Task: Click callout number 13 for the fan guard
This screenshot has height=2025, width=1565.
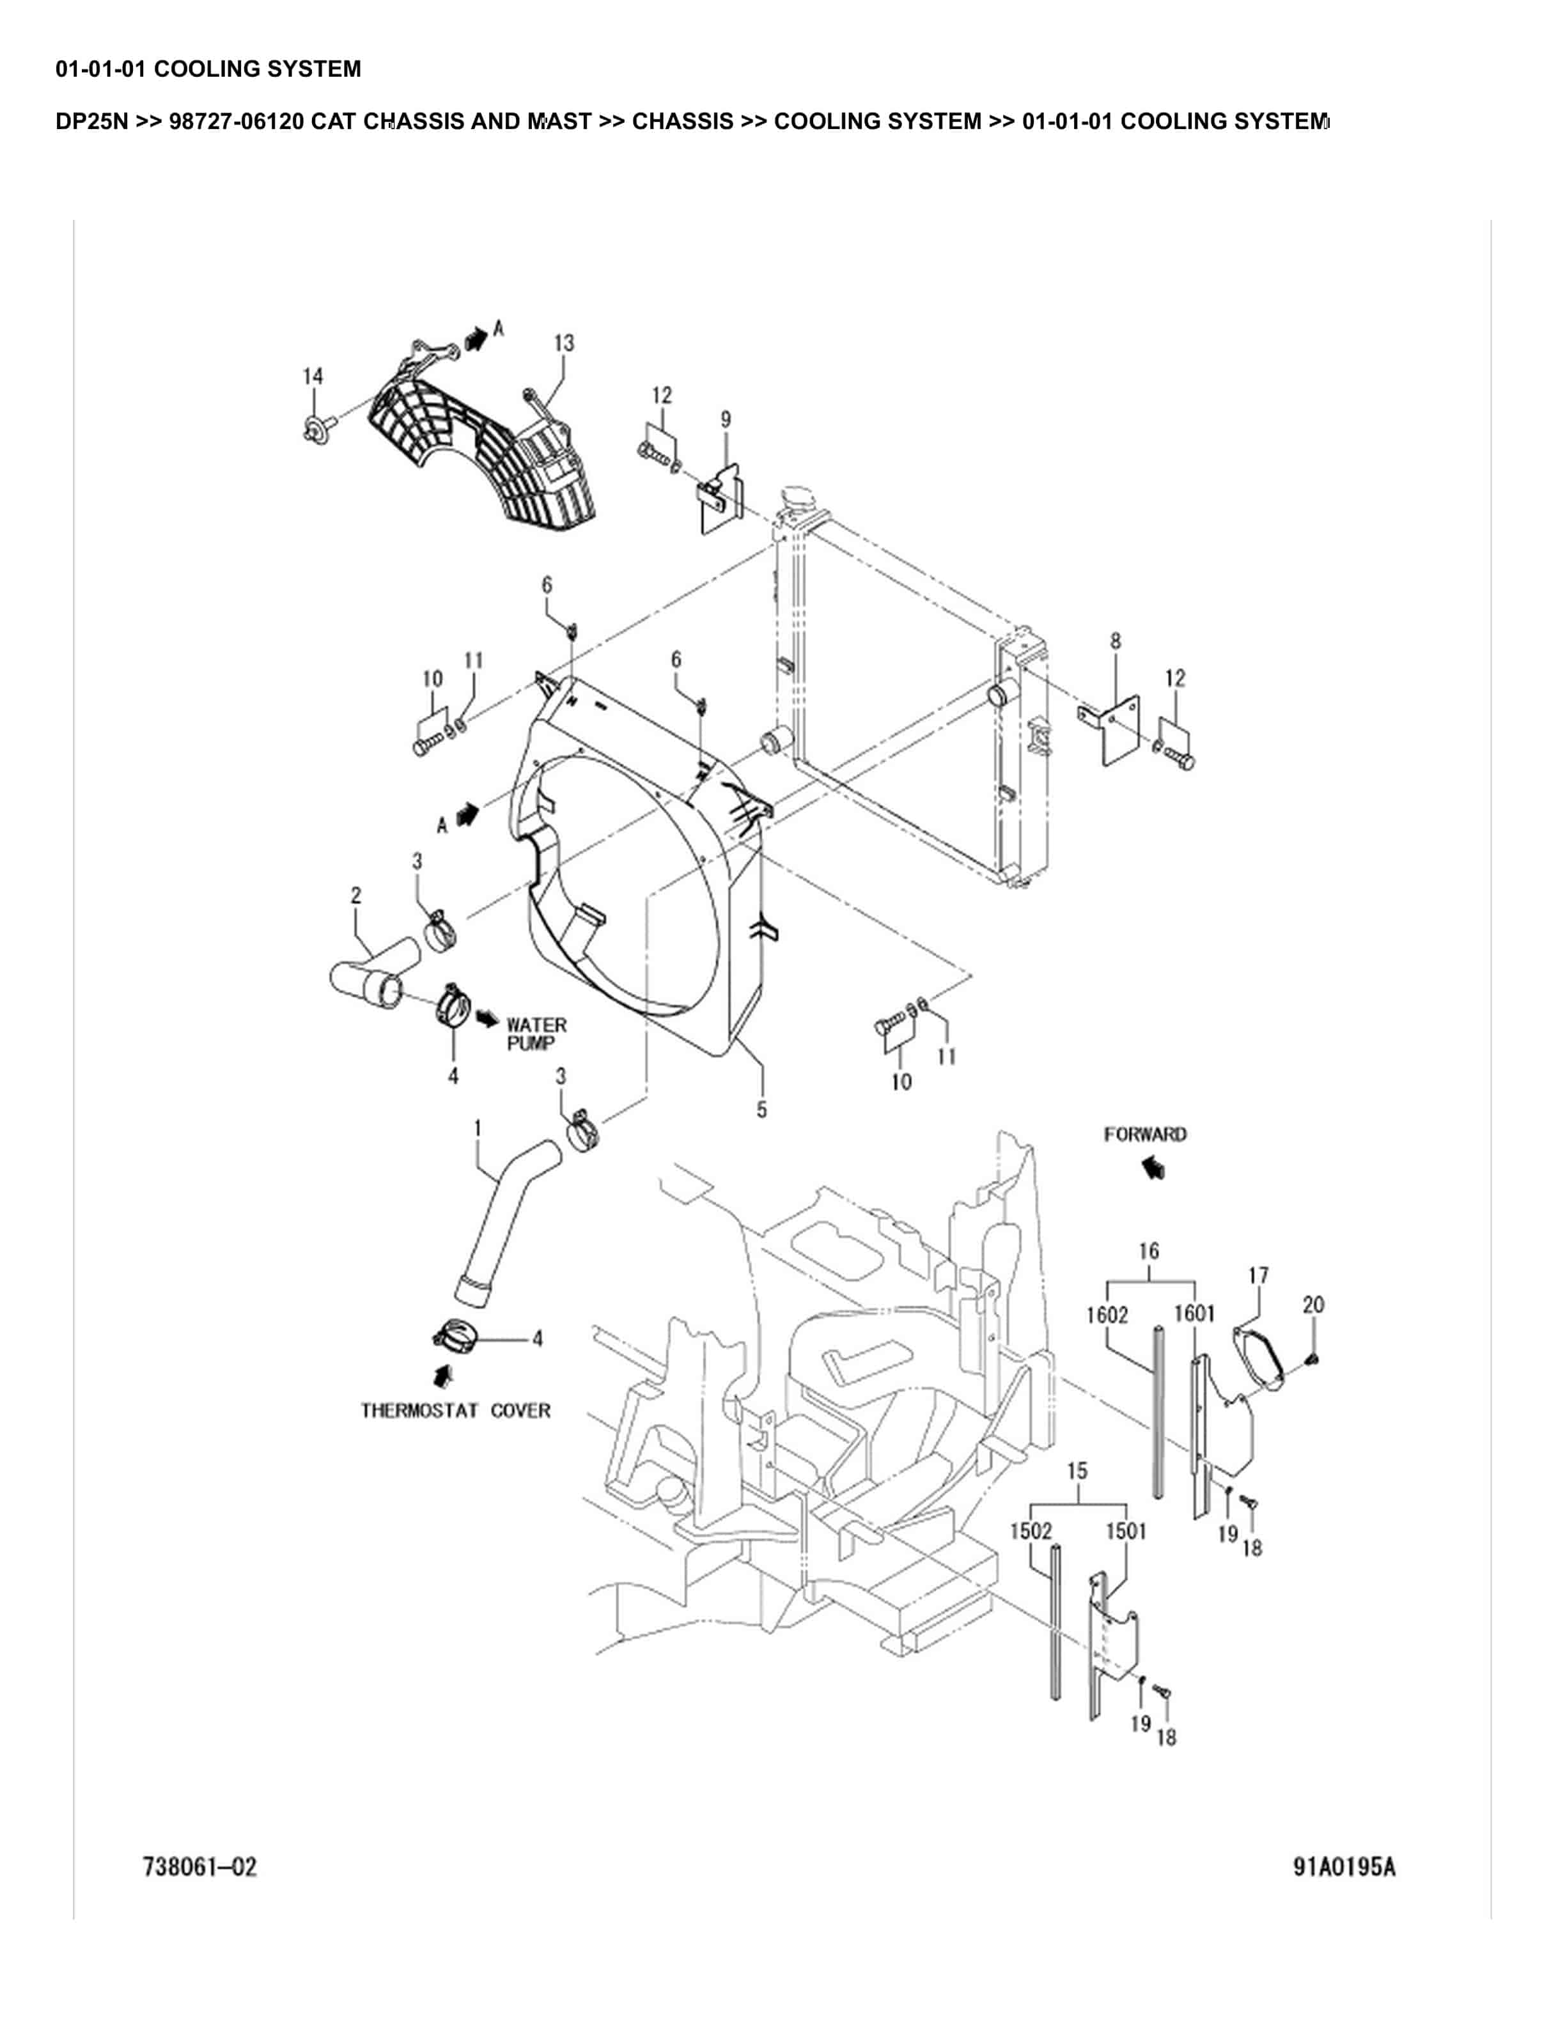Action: [x=564, y=343]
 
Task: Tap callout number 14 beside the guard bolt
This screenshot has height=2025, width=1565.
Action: [x=313, y=376]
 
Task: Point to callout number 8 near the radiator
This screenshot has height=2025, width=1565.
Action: [x=1116, y=640]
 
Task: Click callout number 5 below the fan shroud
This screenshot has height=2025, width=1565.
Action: [x=761, y=1110]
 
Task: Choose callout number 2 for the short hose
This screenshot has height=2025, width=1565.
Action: [x=356, y=896]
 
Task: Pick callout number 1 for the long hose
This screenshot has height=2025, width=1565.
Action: [x=478, y=1128]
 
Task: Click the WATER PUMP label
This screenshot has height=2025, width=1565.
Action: [x=536, y=1034]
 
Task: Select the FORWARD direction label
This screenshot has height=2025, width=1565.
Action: [x=1145, y=1134]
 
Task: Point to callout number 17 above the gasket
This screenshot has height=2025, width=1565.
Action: [x=1258, y=1276]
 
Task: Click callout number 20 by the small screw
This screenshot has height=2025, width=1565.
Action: [x=1313, y=1305]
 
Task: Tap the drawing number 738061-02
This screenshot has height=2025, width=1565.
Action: [x=199, y=1866]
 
